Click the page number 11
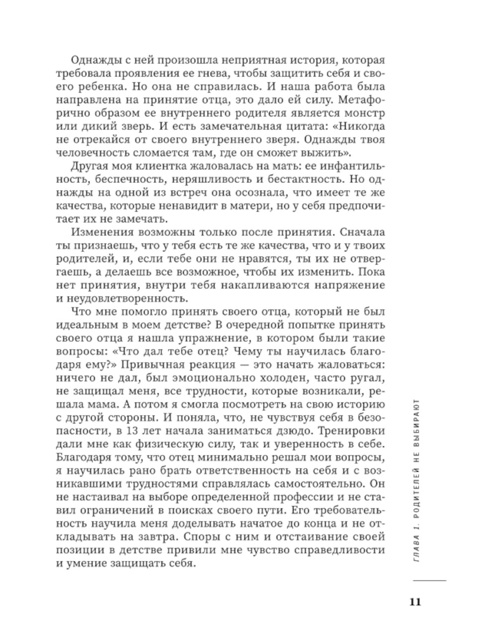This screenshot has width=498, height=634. [x=415, y=601]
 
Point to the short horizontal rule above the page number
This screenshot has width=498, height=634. [x=429, y=581]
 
